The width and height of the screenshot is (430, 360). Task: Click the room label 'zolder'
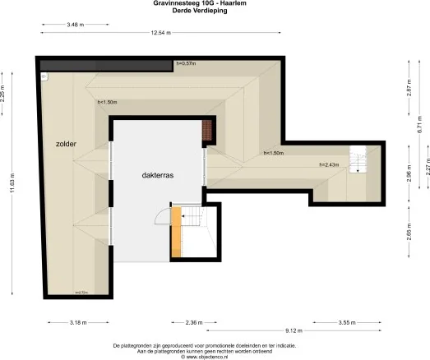(67, 143)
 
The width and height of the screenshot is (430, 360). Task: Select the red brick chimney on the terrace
(207, 130)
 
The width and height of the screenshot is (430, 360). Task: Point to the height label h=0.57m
(187, 63)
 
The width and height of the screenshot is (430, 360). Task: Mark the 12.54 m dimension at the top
(160, 32)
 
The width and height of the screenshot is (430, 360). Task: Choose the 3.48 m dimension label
(76, 25)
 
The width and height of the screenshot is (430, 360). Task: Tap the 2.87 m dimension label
(407, 90)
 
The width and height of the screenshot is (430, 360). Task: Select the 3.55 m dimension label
(347, 321)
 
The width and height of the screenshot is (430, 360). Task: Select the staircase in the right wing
(357, 158)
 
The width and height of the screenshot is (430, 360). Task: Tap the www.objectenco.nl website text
(215, 357)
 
